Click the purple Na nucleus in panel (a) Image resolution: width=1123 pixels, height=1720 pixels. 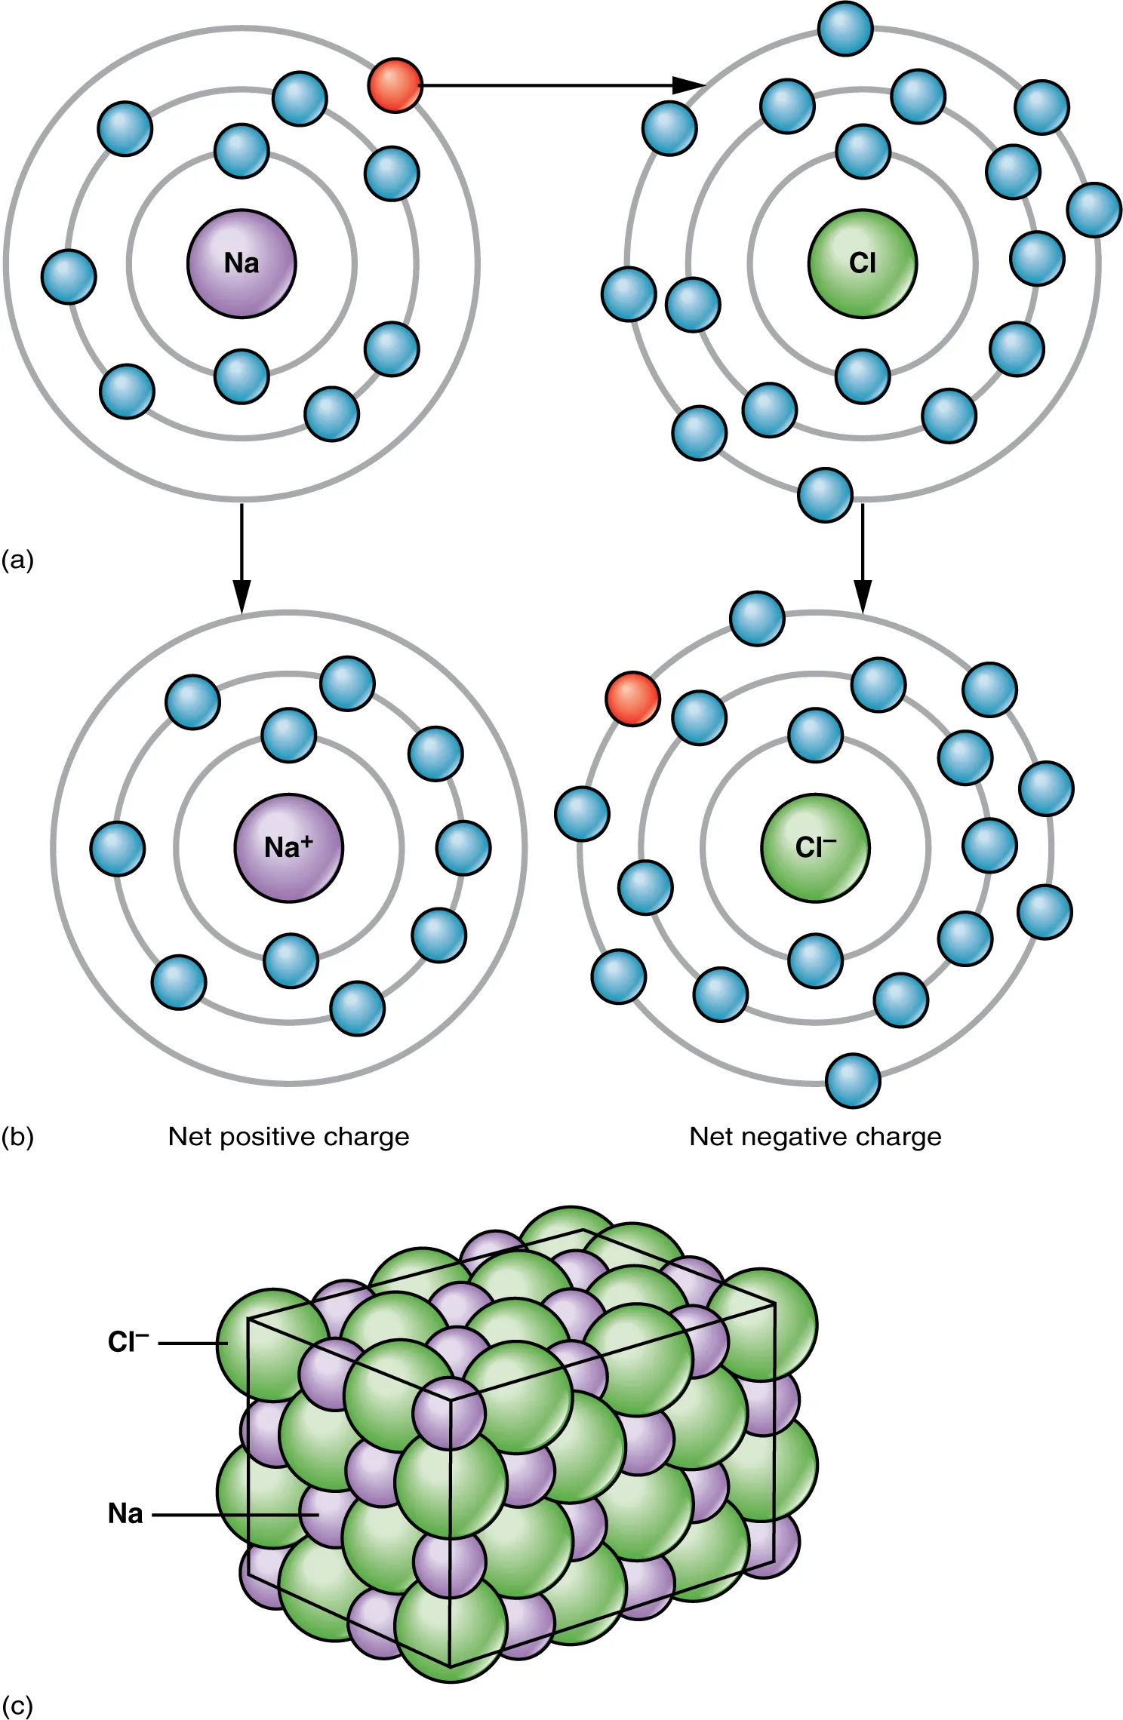(x=242, y=263)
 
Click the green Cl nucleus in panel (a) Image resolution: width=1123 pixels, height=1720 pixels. (x=862, y=263)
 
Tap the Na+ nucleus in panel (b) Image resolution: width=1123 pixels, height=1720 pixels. (x=288, y=847)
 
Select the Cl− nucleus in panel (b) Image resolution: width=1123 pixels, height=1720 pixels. (x=815, y=847)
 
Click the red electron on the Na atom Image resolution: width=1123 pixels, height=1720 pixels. (x=395, y=86)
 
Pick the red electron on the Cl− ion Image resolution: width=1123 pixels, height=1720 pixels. (x=632, y=699)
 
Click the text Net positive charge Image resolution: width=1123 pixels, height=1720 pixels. (x=288, y=1136)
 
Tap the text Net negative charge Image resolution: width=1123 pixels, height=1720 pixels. (x=815, y=1136)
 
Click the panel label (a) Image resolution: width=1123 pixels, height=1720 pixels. (x=17, y=560)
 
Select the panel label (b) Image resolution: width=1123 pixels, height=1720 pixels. (x=17, y=1137)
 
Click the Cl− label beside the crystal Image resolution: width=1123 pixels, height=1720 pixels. (x=128, y=1342)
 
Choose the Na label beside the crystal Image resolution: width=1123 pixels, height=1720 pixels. (x=125, y=1513)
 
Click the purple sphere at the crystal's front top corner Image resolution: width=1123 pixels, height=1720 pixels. (x=450, y=1413)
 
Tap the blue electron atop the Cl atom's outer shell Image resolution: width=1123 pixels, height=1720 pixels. (x=845, y=29)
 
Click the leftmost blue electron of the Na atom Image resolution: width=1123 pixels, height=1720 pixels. (x=69, y=277)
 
